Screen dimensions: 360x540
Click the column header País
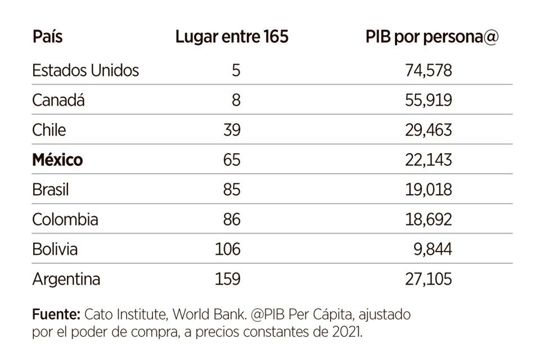pyautogui.click(x=47, y=38)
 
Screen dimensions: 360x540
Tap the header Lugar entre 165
pyautogui.click(x=232, y=38)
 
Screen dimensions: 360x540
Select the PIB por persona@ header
pyautogui.click(x=431, y=38)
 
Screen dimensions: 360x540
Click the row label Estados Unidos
pyautogui.click(x=85, y=71)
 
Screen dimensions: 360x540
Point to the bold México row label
pyautogui.click(x=57, y=160)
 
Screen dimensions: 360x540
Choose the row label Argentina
pyautogui.click(x=66, y=278)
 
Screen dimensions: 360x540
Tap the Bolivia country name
pyautogui.click(x=55, y=249)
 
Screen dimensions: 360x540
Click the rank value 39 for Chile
pyautogui.click(x=231, y=130)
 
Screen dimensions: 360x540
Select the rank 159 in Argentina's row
pyautogui.click(x=227, y=278)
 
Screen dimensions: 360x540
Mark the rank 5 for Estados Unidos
pyautogui.click(x=236, y=71)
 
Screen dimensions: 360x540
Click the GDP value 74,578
pyautogui.click(x=428, y=71)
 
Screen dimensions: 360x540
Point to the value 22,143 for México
pyautogui.click(x=428, y=160)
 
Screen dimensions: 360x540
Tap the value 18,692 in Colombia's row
pyautogui.click(x=428, y=219)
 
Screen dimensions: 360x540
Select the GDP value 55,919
pyautogui.click(x=428, y=101)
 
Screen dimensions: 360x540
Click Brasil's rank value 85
pyautogui.click(x=231, y=190)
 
